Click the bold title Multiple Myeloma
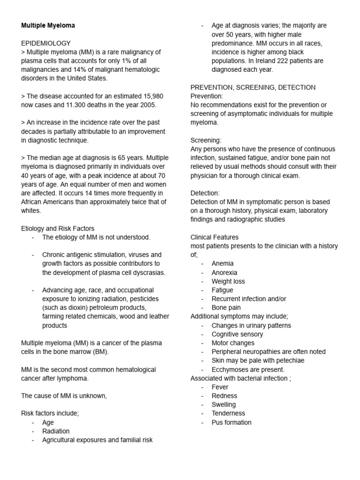click(48, 25)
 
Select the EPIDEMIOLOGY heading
click(46, 43)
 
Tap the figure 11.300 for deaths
click(73, 105)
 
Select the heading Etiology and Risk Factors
click(58, 228)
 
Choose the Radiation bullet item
click(56, 431)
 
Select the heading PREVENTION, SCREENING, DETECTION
click(253, 87)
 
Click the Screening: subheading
click(206, 140)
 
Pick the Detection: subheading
click(205, 193)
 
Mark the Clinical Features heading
click(214, 237)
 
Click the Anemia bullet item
click(222, 263)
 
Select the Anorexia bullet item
click(224, 272)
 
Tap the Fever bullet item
click(220, 387)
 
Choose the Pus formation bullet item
click(231, 422)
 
